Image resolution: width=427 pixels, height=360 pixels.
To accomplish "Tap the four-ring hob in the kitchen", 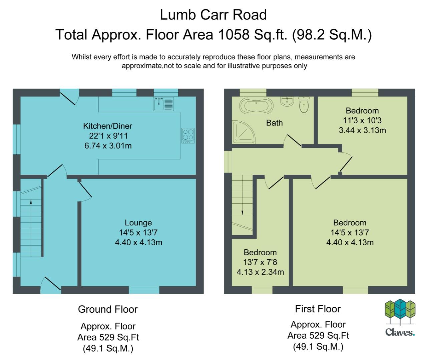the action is [188, 135].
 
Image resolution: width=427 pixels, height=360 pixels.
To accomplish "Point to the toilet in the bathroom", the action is [304, 105].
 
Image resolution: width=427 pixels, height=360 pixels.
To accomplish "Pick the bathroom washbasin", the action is [287, 101].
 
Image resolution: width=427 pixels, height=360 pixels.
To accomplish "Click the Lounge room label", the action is [138, 223].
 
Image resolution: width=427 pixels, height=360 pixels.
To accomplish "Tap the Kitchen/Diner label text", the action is [107, 126].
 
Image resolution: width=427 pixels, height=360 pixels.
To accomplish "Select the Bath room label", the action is [275, 123].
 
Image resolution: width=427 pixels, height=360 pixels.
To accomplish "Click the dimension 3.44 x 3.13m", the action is [362, 130].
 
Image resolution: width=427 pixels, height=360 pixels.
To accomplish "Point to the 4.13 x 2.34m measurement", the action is [260, 272].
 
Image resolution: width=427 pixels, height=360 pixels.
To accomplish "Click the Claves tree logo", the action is [400, 312].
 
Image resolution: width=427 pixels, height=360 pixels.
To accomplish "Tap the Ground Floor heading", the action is [108, 309].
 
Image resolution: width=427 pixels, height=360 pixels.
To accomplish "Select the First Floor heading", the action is [318, 309].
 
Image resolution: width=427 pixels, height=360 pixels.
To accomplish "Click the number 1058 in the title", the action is [234, 34].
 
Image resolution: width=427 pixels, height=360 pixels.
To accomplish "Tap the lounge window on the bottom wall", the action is [144, 290].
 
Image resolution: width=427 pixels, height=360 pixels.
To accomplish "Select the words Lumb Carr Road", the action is [213, 15].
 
